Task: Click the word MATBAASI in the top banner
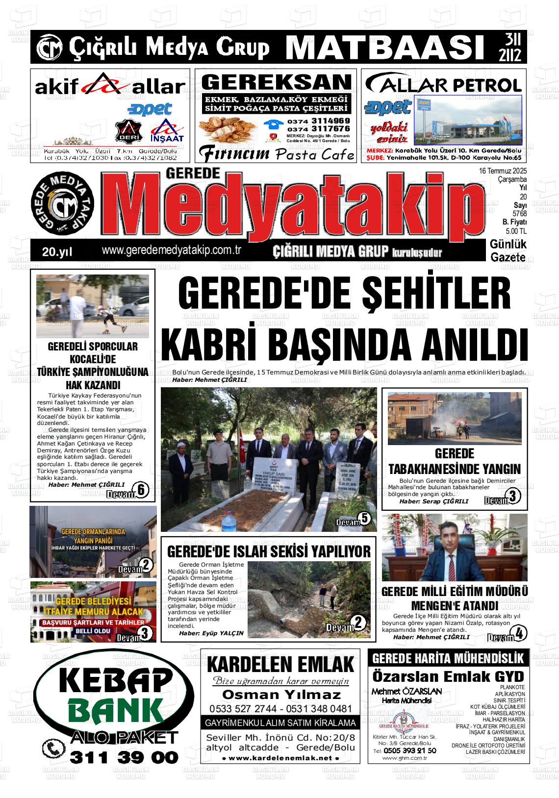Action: coord(382,47)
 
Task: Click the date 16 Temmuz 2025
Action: coord(503,171)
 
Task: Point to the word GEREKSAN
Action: coord(277,82)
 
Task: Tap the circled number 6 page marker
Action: coord(141,489)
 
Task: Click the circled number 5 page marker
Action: coord(363,518)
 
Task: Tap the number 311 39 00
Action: coord(124,757)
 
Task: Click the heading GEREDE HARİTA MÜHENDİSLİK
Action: coord(448,658)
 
